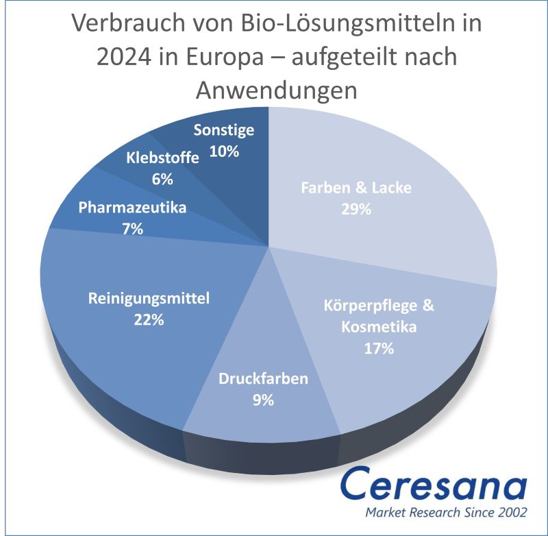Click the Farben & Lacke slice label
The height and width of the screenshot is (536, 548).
356,188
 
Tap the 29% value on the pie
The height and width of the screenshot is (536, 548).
356,210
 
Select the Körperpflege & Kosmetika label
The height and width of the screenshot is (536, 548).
379,306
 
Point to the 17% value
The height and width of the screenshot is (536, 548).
379,349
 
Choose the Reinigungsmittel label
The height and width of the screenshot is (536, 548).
149,298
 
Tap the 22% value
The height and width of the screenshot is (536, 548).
149,320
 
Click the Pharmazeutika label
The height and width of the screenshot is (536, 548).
133,208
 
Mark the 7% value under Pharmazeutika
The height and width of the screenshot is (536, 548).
133,230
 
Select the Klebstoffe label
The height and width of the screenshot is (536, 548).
163,158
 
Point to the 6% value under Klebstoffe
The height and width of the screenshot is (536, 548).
163,180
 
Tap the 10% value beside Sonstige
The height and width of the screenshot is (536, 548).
224,151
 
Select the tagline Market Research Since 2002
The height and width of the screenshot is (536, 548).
445,513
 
